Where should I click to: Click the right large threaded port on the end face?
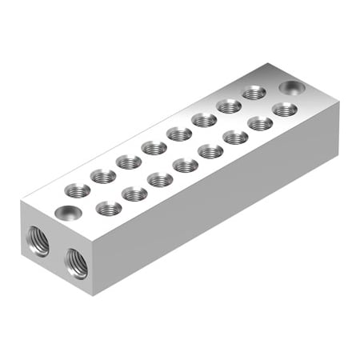coord(77,262)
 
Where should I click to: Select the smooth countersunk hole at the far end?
coord(290,86)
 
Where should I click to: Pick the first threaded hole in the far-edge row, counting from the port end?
coord(78,190)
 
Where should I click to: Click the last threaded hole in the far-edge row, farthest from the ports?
coord(255,93)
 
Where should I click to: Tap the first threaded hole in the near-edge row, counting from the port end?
coord(108,209)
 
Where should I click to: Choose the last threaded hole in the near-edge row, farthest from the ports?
coord(285,109)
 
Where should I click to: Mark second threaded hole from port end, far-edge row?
coord(103,176)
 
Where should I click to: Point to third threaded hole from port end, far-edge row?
coord(129,162)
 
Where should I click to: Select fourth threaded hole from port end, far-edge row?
coord(154,147)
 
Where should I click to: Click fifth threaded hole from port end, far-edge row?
coord(179,134)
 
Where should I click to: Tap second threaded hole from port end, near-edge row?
coord(134,194)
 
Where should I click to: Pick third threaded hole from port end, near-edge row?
coord(159,179)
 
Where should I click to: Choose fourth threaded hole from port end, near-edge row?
coord(185,165)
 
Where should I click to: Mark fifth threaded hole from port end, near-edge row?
coord(210,150)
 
